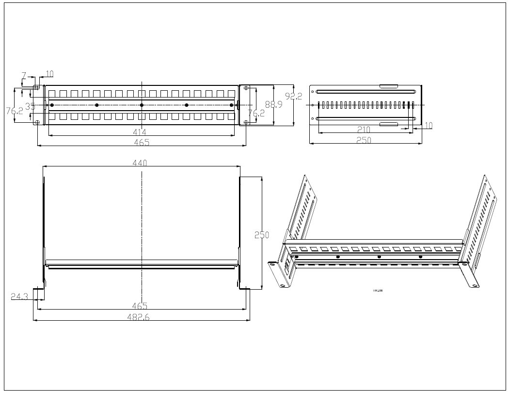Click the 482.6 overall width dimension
tap(142, 316)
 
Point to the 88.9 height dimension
tap(275, 104)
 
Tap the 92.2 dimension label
tap(293, 97)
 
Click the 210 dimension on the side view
tap(364, 130)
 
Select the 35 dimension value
tap(31, 105)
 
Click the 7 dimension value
tap(23, 75)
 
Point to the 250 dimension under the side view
tap(364, 140)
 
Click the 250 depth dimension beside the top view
tap(262, 234)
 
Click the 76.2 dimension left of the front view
tap(14, 111)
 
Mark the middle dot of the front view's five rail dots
tap(142, 105)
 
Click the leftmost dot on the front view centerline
tap(52, 105)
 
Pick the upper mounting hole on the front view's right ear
tap(247, 88)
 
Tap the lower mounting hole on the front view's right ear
tap(247, 122)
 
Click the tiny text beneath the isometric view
tap(378, 291)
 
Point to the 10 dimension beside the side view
tap(429, 126)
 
